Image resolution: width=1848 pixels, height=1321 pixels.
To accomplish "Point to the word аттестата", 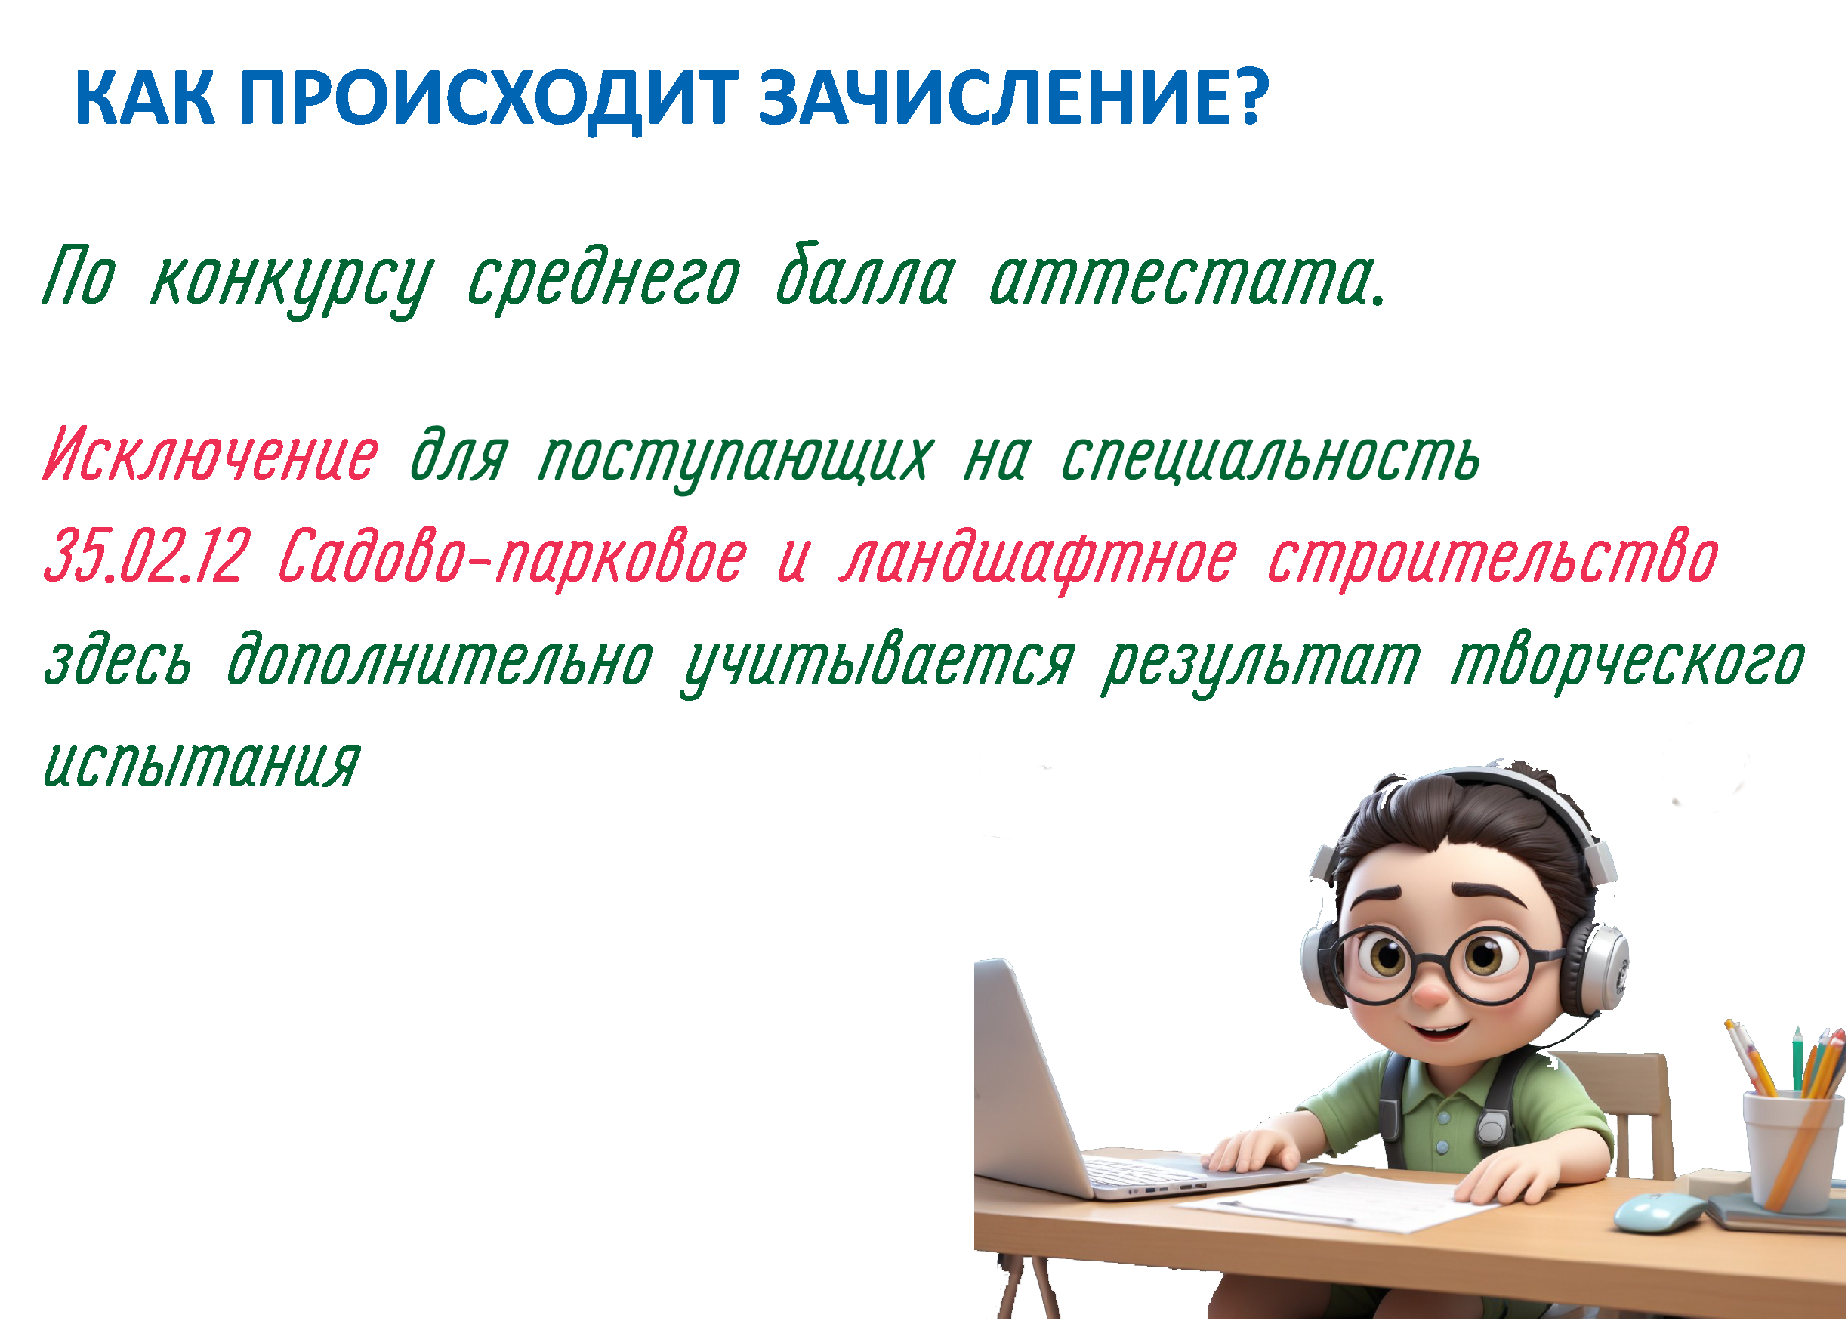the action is click(x=1186, y=279).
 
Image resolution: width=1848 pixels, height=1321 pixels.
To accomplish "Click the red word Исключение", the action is click(x=211, y=455).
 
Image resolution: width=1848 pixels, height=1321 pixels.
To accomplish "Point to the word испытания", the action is click(x=201, y=764).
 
